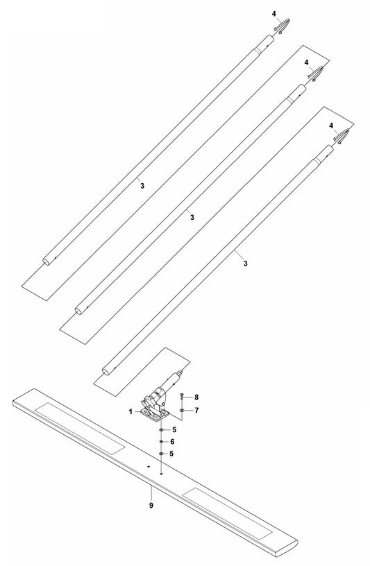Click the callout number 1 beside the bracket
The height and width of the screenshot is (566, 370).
pos(131,411)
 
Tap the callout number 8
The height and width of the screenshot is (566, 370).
pos(196,397)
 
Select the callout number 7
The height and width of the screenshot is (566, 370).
pos(196,411)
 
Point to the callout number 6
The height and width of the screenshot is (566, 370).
pos(172,442)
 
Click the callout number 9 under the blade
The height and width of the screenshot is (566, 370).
pos(151,506)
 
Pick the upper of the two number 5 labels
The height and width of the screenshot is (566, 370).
pos(174,430)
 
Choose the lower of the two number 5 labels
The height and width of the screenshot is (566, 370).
pos(171,454)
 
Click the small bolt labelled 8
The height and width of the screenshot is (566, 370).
pos(181,397)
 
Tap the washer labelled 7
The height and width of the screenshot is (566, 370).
pos(182,411)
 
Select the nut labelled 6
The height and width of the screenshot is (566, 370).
pos(162,442)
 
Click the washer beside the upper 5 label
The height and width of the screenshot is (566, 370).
pos(162,430)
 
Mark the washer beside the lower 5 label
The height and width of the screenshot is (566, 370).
pos(162,454)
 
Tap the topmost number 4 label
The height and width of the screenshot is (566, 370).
pos(274,14)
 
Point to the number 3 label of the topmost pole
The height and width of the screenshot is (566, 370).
pos(142,186)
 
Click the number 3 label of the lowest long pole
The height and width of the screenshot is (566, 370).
pos(245,264)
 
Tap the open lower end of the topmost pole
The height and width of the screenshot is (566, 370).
pos(47,261)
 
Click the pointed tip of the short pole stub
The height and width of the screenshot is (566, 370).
pos(184,370)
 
